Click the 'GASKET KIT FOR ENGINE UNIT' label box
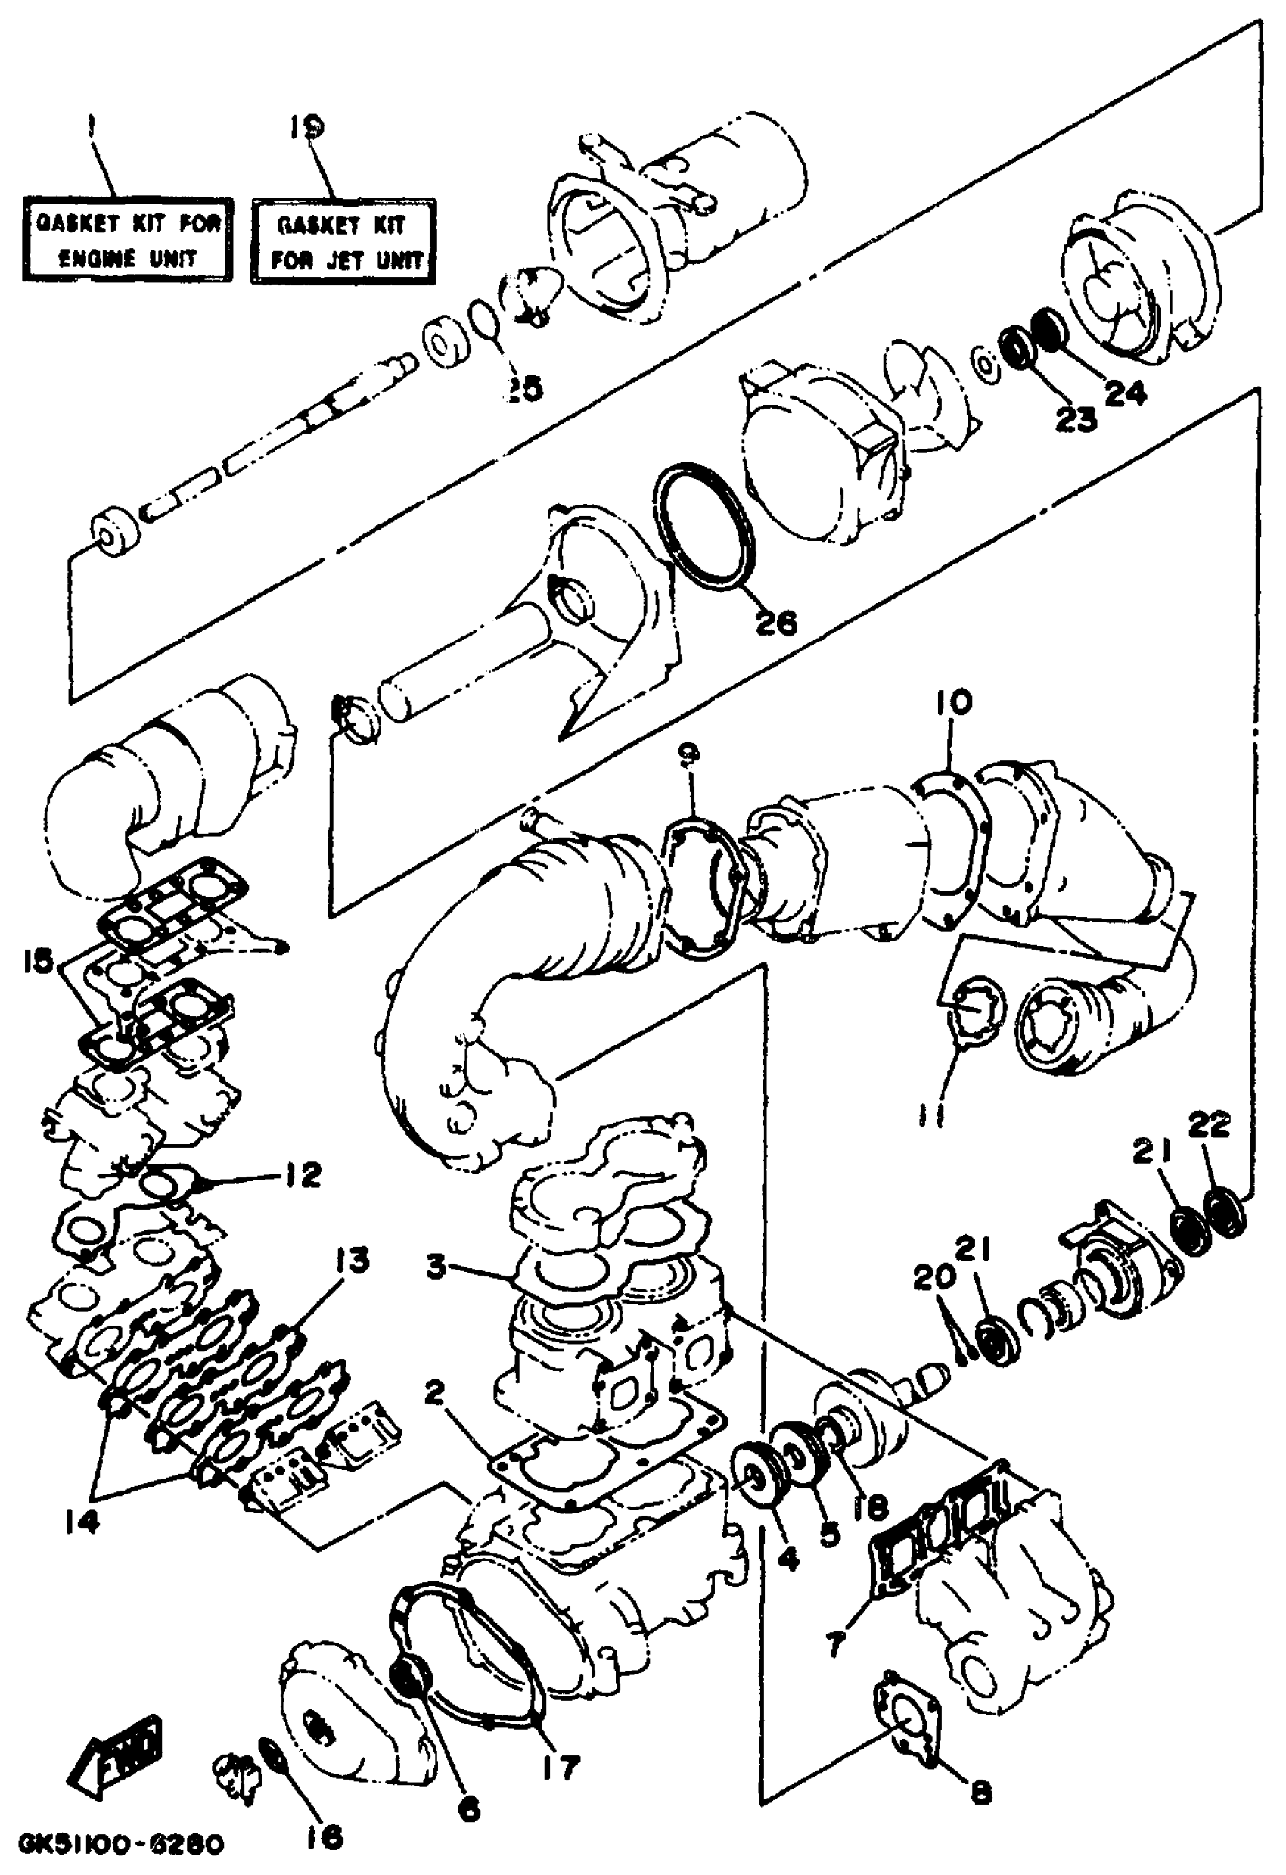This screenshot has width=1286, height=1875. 126,240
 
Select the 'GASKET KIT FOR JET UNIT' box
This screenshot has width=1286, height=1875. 343,241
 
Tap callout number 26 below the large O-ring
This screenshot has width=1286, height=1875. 775,621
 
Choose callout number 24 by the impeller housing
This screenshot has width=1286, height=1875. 1125,393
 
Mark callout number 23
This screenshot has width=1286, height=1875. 1076,418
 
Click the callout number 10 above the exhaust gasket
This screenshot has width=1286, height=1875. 954,703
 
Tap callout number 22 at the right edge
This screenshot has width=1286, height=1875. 1210,1124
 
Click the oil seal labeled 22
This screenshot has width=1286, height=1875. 1225,1209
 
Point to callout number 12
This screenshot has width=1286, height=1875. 302,1174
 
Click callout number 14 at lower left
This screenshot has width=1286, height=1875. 82,1521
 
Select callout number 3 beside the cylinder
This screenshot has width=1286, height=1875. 436,1266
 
